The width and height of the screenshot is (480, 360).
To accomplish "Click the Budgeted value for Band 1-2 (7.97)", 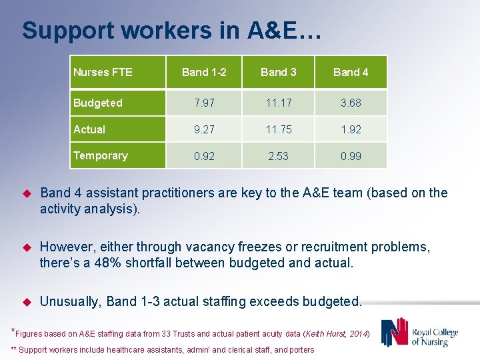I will tap(204, 103).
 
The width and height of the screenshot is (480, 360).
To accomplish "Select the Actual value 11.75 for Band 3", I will tap(278, 129).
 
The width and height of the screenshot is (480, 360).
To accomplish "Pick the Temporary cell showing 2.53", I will tap(278, 156).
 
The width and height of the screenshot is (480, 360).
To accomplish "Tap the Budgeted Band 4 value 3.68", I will tap(351, 103).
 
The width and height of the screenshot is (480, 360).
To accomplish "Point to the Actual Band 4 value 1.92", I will tap(351, 129).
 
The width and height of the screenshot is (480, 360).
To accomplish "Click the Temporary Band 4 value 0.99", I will tap(351, 156).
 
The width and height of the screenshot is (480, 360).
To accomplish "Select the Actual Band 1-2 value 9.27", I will tap(204, 129).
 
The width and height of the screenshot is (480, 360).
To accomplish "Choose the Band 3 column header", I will tap(278, 72).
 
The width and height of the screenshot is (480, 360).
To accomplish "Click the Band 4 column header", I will tap(351, 72).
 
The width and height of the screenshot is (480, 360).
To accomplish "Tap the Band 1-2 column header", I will tap(204, 72).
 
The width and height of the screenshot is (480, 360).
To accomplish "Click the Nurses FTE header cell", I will tap(103, 72).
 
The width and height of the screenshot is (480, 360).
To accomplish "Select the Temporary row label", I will tap(100, 155).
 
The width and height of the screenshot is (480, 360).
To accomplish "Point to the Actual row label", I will tap(89, 129).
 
